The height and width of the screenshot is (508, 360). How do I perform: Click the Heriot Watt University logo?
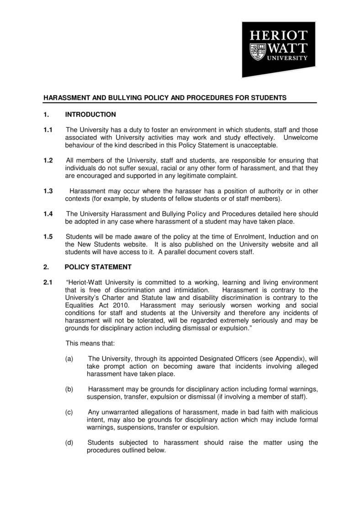(278, 49)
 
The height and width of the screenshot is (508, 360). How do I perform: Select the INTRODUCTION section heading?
(90, 114)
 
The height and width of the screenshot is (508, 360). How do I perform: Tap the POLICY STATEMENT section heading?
(98, 267)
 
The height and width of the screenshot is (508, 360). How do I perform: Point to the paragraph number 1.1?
(48, 131)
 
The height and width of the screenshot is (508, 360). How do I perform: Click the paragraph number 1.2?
(48, 160)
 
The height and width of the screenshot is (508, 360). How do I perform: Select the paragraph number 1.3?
(48, 191)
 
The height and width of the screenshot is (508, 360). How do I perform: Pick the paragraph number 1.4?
(48, 214)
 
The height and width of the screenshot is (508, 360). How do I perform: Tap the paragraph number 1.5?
(48, 236)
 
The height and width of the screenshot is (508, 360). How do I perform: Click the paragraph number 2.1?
(48, 283)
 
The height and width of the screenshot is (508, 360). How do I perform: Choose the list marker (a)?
(69, 359)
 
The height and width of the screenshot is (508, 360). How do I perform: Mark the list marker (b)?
(69, 389)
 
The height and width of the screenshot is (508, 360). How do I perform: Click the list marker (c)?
(69, 412)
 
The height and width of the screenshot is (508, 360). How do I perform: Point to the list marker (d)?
(69, 442)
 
